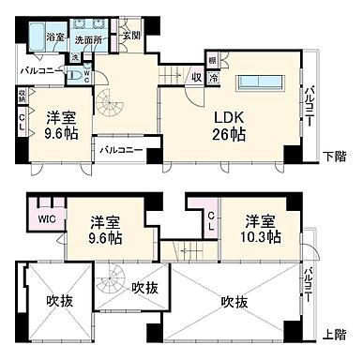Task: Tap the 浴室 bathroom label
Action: point(57,37)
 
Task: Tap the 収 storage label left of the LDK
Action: point(195,80)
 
